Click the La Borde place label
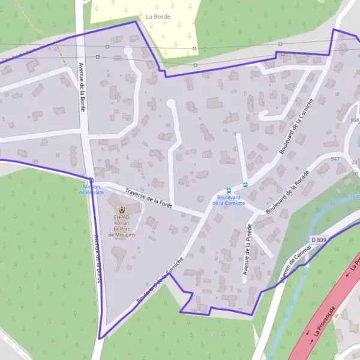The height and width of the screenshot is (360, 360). tap(158, 17)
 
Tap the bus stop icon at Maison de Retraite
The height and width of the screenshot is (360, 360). tap(92, 180)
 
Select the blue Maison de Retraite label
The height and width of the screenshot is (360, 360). tap(93, 190)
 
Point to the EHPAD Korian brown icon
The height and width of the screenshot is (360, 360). tap(122, 211)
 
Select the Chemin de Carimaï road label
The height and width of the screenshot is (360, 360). tap(293, 266)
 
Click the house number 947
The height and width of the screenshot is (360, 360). tap(335, 160)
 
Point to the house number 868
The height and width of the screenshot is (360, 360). tap(355, 121)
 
